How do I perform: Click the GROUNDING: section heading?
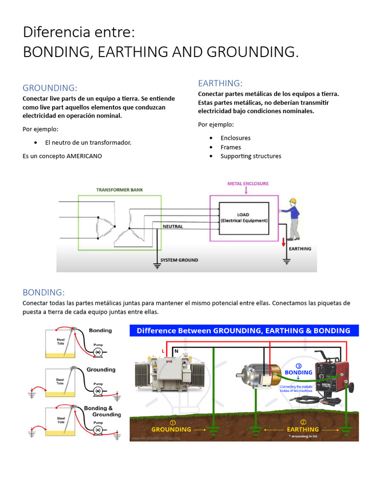50,88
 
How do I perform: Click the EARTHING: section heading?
220,83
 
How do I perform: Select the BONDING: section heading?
44,292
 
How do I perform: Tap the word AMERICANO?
84,156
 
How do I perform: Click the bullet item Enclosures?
235,138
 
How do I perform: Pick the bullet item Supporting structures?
251,156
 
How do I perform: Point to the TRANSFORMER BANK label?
120,190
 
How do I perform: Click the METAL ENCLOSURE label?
248,184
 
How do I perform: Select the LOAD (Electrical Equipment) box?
243,217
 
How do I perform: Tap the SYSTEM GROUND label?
179,260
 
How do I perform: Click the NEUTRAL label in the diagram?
172,227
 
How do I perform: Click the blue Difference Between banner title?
243,330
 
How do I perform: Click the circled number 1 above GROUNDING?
172,422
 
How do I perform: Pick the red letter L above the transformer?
163,351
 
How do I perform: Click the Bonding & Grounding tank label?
102,411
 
